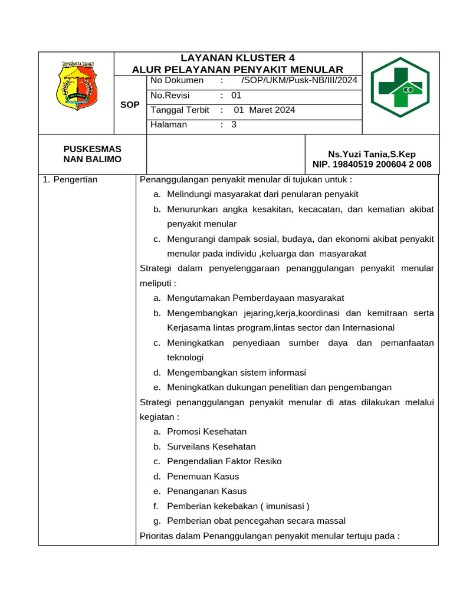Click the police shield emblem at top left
click(x=77, y=87)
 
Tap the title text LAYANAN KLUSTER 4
click(x=237, y=58)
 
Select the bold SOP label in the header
click(x=129, y=104)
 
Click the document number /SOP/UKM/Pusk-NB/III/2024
click(x=299, y=80)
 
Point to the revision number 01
click(x=237, y=95)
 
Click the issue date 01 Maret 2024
click(x=264, y=110)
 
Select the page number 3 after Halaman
click(x=234, y=124)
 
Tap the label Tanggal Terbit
click(x=180, y=110)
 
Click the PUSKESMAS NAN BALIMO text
click(x=92, y=154)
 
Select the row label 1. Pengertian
click(x=71, y=179)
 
